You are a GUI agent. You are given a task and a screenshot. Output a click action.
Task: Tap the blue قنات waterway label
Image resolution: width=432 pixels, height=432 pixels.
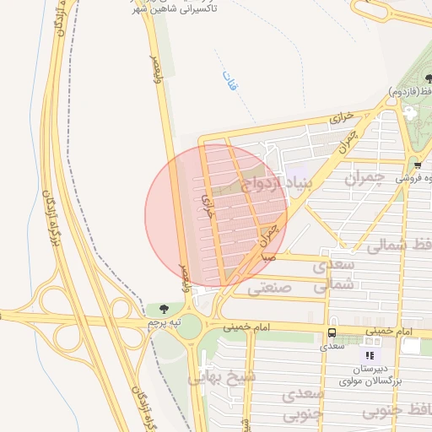[x=228, y=81]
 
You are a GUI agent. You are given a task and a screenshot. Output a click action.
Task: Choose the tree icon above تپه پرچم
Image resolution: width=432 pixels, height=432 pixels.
[x=164, y=310]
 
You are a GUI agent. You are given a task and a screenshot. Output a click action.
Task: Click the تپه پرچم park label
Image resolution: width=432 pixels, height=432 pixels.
[x=164, y=324]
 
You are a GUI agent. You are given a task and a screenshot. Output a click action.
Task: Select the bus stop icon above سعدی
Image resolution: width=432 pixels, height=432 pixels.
[x=331, y=333]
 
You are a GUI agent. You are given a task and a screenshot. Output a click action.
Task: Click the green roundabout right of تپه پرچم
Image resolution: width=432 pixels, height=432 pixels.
[x=191, y=325]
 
